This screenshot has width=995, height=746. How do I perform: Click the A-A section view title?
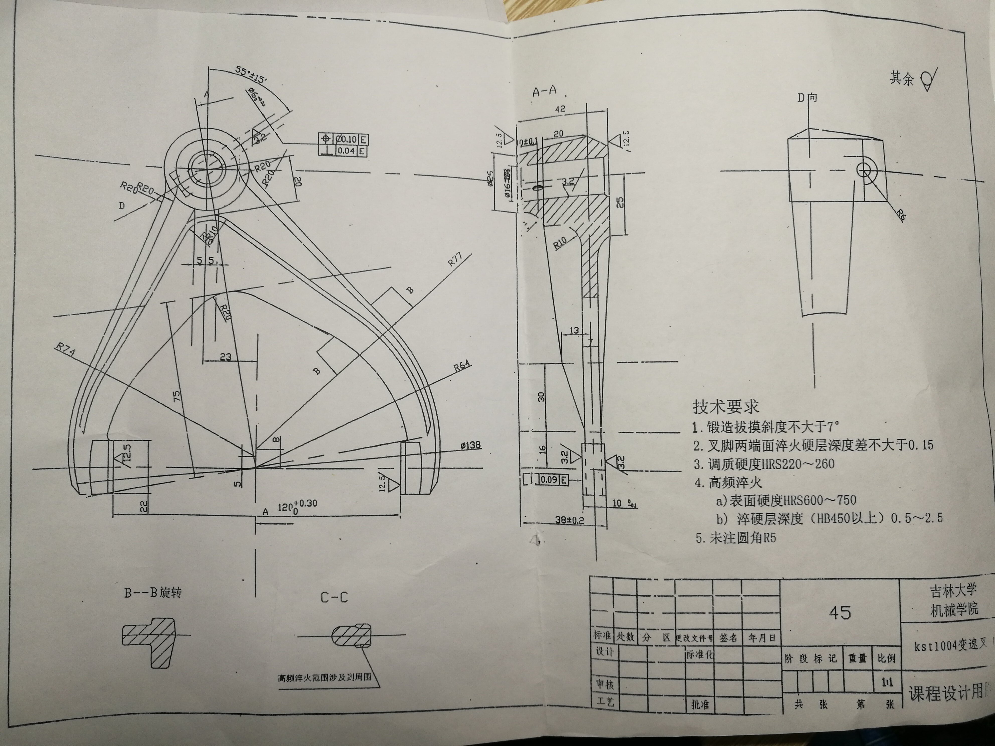(544, 92)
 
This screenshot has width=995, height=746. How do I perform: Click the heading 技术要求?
(725, 407)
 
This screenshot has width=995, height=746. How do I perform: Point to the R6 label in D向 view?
(900, 215)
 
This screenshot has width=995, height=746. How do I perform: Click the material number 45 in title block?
(839, 612)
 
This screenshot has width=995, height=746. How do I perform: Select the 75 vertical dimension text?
(177, 396)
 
